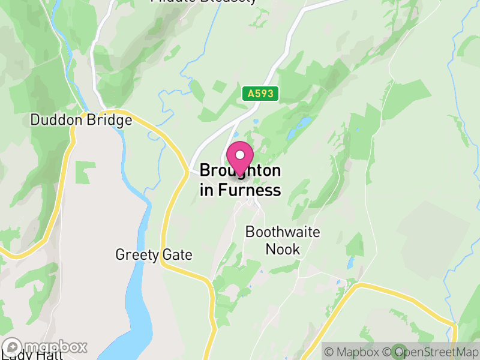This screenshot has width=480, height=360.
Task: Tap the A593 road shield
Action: click(x=259, y=93)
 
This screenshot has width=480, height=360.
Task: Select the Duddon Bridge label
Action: click(x=81, y=120)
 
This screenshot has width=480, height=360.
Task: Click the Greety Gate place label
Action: click(x=154, y=255)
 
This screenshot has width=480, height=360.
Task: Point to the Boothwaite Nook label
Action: click(x=283, y=240)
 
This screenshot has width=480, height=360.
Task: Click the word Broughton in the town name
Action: click(x=240, y=171)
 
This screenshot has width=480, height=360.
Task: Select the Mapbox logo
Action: click(x=45, y=347)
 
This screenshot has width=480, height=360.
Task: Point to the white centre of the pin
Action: click(x=240, y=155)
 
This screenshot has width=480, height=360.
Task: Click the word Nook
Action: click(x=283, y=248)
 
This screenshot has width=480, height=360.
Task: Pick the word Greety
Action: click(x=137, y=255)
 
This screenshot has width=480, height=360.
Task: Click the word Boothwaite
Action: click(x=283, y=232)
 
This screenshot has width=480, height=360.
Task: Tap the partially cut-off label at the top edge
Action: click(x=204, y=2)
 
